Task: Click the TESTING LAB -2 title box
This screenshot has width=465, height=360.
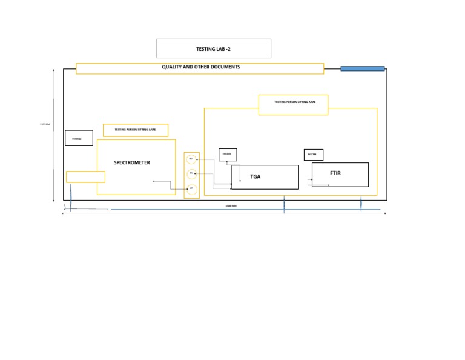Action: [x=213, y=48]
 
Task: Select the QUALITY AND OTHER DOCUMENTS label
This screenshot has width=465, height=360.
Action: [x=200, y=67]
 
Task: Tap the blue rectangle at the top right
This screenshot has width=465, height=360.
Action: [x=363, y=68]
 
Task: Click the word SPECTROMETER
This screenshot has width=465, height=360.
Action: [x=132, y=162]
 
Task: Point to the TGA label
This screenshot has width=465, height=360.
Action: [x=256, y=177]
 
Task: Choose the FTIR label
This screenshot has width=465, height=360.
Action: [x=336, y=173]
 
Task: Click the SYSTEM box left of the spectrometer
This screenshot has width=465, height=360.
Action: [x=79, y=138]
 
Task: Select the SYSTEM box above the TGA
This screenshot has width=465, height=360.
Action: [x=228, y=155]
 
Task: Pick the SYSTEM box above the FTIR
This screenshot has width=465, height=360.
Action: [x=313, y=155]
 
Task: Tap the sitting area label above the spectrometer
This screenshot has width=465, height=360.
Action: [x=136, y=130]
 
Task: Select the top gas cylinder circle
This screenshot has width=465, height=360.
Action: [x=191, y=159]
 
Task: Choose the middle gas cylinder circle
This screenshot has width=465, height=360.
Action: [x=191, y=173]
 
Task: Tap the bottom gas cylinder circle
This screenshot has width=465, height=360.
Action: [x=191, y=188]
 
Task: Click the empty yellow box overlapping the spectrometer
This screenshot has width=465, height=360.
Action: [x=85, y=177]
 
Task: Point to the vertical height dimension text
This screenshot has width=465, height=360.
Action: [x=44, y=125]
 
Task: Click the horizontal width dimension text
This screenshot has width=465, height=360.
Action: [x=231, y=207]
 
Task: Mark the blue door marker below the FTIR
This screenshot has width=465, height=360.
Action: [x=361, y=203]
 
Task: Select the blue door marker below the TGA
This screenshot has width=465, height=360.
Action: [x=285, y=204]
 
